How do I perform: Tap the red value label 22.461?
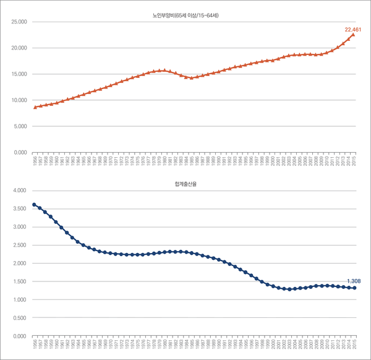pyautogui.click(x=353, y=29)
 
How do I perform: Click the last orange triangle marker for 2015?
pyautogui.click(x=353, y=35)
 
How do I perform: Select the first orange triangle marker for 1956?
pyautogui.click(x=35, y=107)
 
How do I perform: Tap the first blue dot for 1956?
pyautogui.click(x=35, y=205)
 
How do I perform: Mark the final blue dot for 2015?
pyautogui.click(x=354, y=288)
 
